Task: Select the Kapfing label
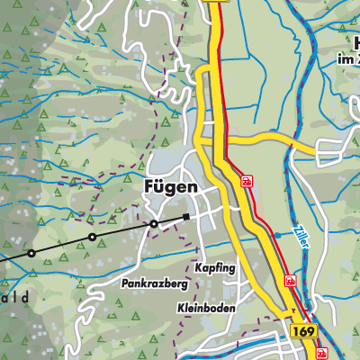click(x=214, y=268)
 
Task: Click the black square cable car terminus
click(x=186, y=217)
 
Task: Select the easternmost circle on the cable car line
click(x=154, y=223)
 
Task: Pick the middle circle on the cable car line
click(x=92, y=238)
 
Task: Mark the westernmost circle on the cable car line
click(x=31, y=253)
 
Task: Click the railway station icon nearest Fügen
click(x=246, y=181)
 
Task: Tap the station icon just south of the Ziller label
click(x=291, y=281)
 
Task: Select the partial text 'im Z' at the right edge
click(x=346, y=59)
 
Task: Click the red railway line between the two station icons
click(x=268, y=229)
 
